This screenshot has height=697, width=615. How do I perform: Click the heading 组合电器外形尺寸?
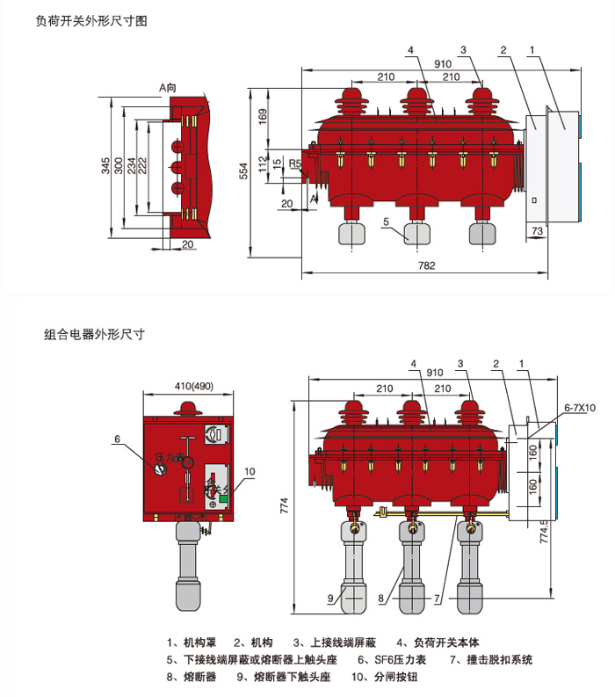[93, 334]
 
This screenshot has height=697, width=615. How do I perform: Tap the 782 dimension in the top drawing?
[426, 265]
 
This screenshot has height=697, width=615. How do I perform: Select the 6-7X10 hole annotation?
[579, 408]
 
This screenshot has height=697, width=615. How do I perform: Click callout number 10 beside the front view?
[250, 471]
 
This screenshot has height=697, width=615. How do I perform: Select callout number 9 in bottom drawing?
[330, 599]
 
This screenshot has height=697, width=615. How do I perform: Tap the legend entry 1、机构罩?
[191, 642]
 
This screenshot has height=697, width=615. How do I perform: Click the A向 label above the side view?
[168, 87]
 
